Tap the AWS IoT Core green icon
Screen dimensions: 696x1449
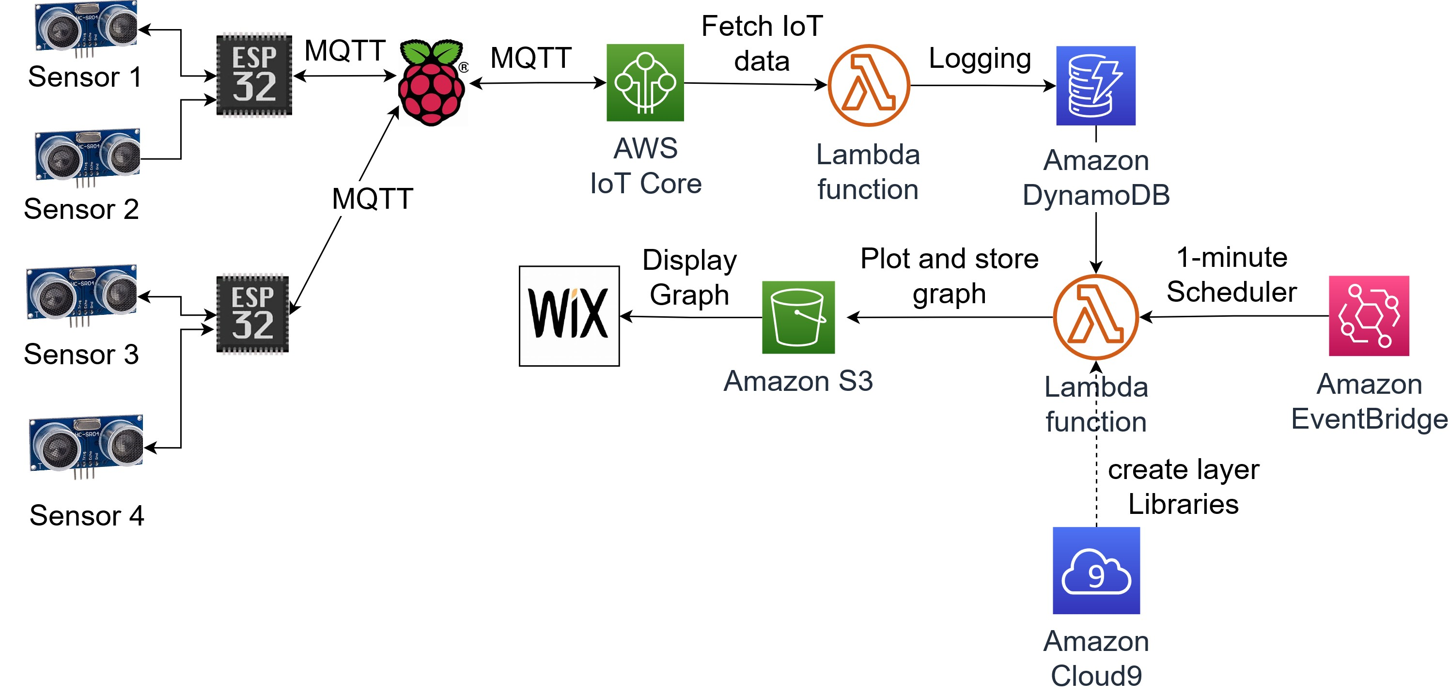click(645, 83)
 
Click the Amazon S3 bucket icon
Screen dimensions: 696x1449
click(798, 317)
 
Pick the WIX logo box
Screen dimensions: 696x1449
click(569, 316)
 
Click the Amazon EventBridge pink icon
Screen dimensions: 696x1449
click(1369, 315)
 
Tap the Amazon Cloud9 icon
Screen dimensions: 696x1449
click(1096, 570)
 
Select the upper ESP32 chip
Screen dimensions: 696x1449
click(254, 75)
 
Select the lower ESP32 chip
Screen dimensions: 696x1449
click(252, 314)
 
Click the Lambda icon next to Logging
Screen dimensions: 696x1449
click(869, 85)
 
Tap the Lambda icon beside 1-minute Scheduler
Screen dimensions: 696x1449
click(1095, 317)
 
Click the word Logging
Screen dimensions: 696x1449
click(979, 59)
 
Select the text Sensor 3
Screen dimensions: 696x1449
click(81, 354)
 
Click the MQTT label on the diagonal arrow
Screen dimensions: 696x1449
click(373, 199)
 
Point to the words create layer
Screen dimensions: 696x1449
click(1183, 469)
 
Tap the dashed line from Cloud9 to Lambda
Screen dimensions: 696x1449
click(1096, 483)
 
